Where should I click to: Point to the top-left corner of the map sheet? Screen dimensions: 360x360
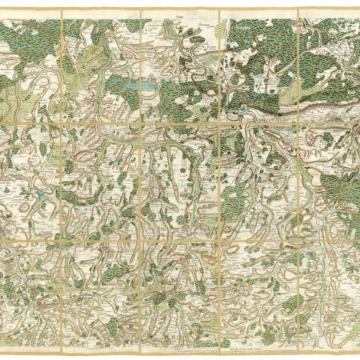[2, 11]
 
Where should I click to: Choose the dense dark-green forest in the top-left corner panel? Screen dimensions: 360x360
[24, 40]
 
